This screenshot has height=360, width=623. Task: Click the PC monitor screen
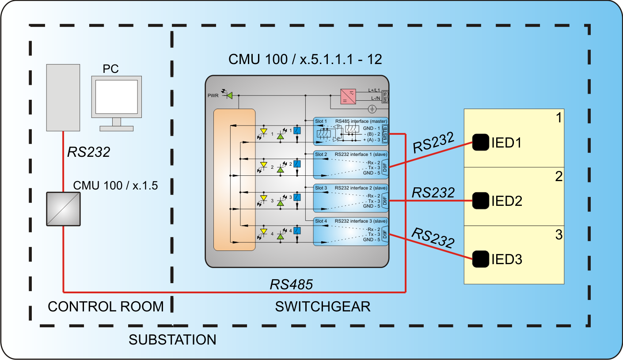(x=117, y=98)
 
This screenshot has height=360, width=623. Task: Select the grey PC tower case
(x=63, y=98)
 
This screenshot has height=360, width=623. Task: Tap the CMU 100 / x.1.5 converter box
(x=63, y=209)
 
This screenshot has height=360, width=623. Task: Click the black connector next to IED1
(x=481, y=142)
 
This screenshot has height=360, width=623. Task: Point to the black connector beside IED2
(x=481, y=201)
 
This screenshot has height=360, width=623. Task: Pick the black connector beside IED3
(x=481, y=259)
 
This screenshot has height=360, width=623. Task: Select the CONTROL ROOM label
(x=106, y=307)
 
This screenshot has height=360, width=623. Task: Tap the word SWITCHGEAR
(x=323, y=307)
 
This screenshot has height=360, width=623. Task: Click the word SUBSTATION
(x=172, y=340)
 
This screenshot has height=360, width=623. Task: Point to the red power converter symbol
(x=348, y=96)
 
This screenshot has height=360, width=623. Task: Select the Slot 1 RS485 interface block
(x=351, y=132)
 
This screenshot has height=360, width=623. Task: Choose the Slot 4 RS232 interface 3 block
(x=351, y=231)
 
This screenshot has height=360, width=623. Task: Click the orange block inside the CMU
(x=234, y=180)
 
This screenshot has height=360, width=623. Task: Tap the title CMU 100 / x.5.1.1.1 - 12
(x=305, y=59)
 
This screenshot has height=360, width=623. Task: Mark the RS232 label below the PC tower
(x=88, y=152)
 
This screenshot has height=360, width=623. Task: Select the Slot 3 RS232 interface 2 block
(x=351, y=198)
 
